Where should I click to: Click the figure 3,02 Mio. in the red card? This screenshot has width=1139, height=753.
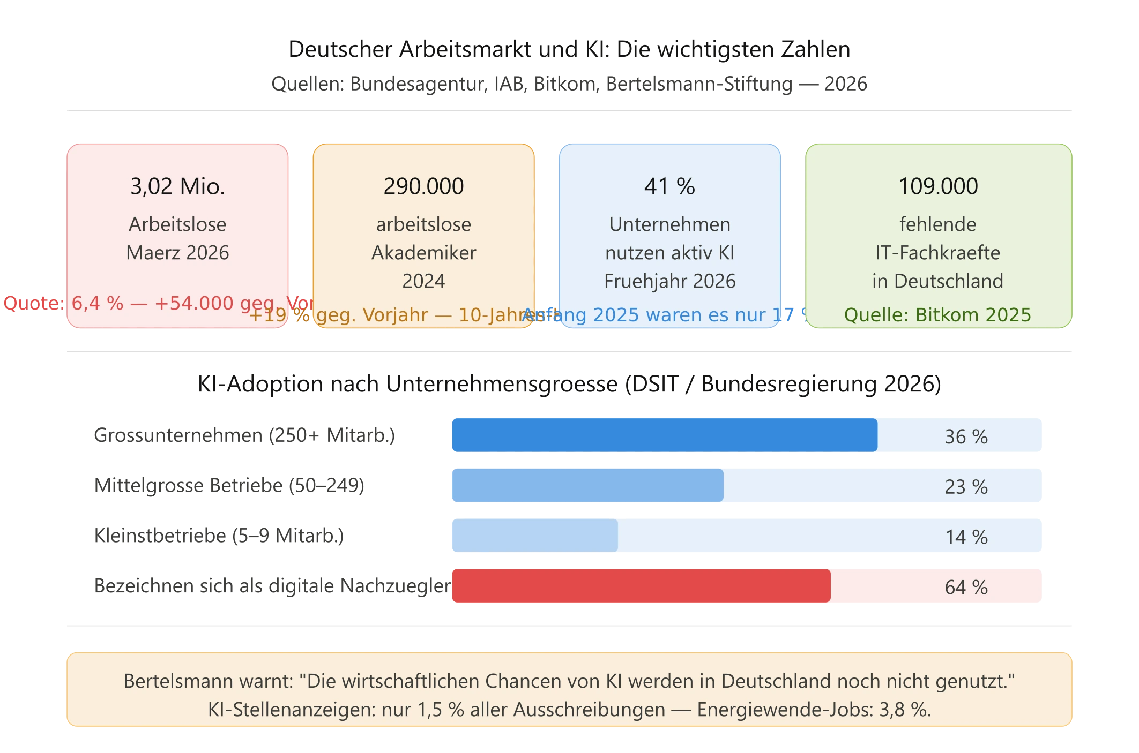177,186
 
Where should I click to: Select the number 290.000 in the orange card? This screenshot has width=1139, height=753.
423,186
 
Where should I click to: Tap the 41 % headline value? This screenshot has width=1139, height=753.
669,186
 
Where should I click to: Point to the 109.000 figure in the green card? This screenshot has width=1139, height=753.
938,186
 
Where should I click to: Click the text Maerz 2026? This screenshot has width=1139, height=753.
177,253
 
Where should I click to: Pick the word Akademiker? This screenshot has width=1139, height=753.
423,253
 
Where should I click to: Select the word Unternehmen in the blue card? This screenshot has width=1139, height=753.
669,224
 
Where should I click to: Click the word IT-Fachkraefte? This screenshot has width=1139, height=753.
938,253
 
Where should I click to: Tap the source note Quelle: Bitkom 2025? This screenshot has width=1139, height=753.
937,315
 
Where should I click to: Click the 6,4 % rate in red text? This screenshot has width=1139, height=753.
98,303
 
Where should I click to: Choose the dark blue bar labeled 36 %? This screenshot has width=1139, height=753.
664,435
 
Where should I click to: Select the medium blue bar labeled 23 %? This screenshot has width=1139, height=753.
587,485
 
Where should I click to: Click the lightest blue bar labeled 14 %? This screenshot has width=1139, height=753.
534,536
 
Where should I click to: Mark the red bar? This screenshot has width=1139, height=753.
641,586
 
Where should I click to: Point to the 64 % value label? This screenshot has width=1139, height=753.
966,588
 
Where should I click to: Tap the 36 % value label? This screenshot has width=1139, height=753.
966,437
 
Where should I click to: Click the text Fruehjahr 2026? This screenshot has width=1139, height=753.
669,281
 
